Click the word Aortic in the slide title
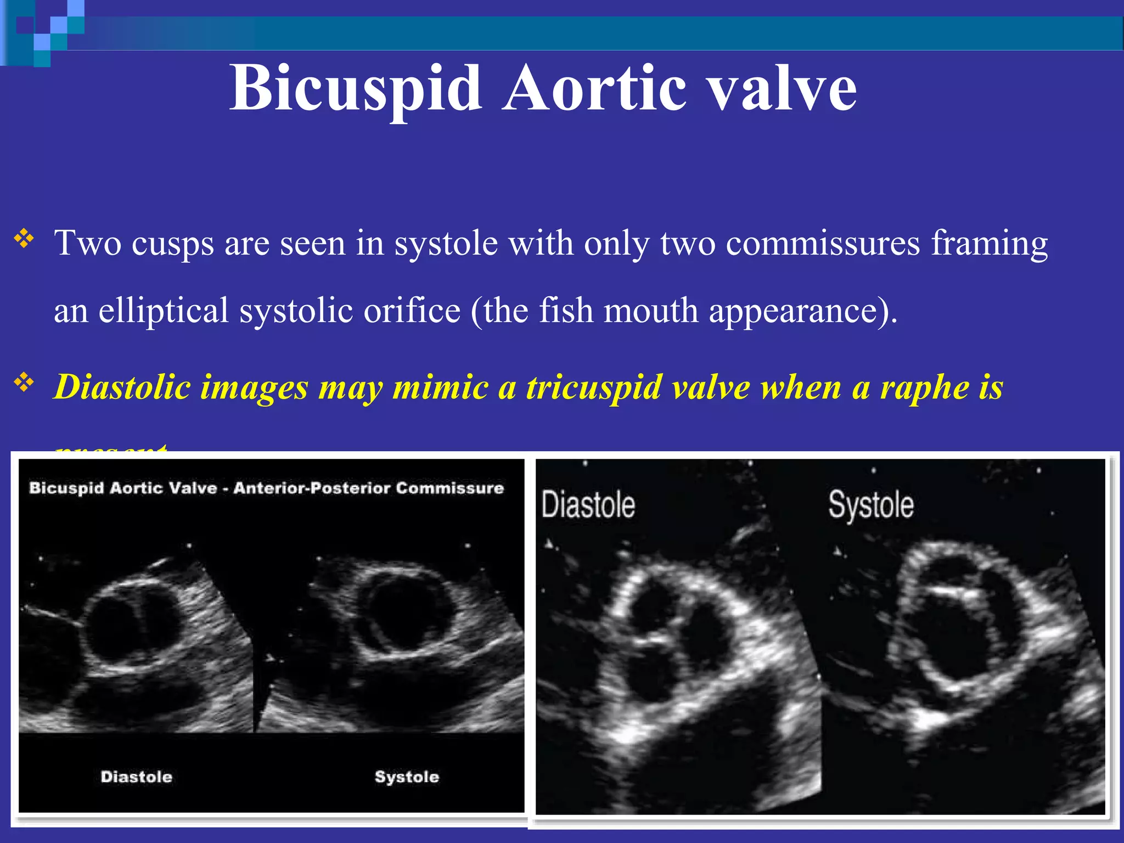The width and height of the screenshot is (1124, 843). click(595, 88)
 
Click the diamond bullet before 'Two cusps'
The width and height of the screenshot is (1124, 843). click(24, 239)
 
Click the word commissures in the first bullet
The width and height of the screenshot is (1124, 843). click(823, 243)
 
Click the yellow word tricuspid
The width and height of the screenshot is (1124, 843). click(594, 387)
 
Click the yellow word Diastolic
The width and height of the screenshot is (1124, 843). click(121, 387)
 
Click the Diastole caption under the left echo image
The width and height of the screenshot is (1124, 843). click(136, 777)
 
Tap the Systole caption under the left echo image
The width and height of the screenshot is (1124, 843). click(407, 777)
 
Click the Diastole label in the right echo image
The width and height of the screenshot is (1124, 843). click(588, 505)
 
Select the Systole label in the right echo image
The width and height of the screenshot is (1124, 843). click(871, 505)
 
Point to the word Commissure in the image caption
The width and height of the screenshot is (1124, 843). click(449, 488)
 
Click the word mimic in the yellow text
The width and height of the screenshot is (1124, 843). click(441, 387)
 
